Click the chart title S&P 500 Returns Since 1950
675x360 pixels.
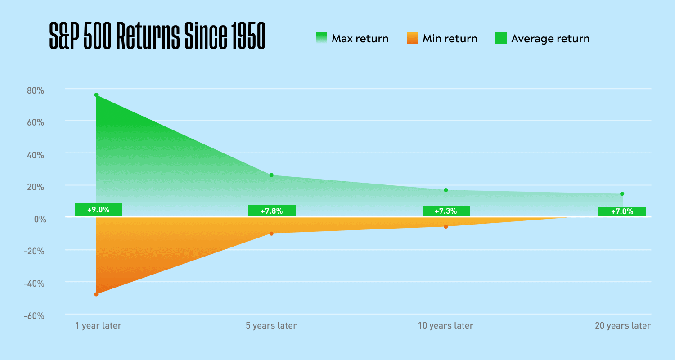click(157, 36)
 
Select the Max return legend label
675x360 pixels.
click(360, 39)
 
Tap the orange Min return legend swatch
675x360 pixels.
click(412, 38)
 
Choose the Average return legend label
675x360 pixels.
click(550, 39)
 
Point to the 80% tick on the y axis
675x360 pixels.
click(35, 90)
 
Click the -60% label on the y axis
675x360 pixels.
click(34, 316)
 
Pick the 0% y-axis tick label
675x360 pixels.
click(40, 219)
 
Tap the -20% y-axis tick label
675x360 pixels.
click(34, 251)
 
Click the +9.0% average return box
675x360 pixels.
click(99, 209)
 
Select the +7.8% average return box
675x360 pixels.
click(272, 211)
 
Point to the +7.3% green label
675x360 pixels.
click(446, 211)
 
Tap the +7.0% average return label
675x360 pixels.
click(622, 211)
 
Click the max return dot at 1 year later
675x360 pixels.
click(96, 95)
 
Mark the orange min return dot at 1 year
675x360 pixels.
click(96, 294)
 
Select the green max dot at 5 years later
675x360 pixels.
click(271, 175)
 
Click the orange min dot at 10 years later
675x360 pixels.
click(446, 226)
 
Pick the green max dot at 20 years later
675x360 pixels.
click(622, 193)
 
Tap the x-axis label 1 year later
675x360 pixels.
click(98, 325)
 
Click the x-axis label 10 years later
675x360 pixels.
click(445, 325)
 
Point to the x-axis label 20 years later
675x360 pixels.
click(623, 325)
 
